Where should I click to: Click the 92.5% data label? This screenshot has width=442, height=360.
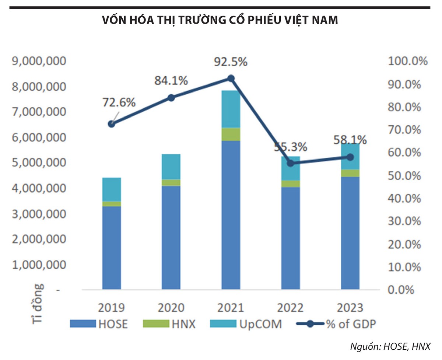coord(231,62)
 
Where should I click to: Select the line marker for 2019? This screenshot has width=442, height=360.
coord(112,124)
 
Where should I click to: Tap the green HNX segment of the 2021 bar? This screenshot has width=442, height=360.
coord(231,134)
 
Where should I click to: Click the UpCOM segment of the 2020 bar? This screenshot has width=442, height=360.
coord(171,167)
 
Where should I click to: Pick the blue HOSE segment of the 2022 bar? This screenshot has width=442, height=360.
coord(290,238)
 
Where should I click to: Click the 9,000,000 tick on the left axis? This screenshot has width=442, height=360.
coord(39,61)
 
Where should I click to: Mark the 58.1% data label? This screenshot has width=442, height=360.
coord(350,140)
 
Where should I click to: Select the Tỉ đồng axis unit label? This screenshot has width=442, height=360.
coord(37,303)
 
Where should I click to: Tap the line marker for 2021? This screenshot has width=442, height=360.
coord(231,78)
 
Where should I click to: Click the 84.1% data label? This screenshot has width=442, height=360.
coord(171,81)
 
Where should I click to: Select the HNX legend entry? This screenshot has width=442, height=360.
coord(175,324)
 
